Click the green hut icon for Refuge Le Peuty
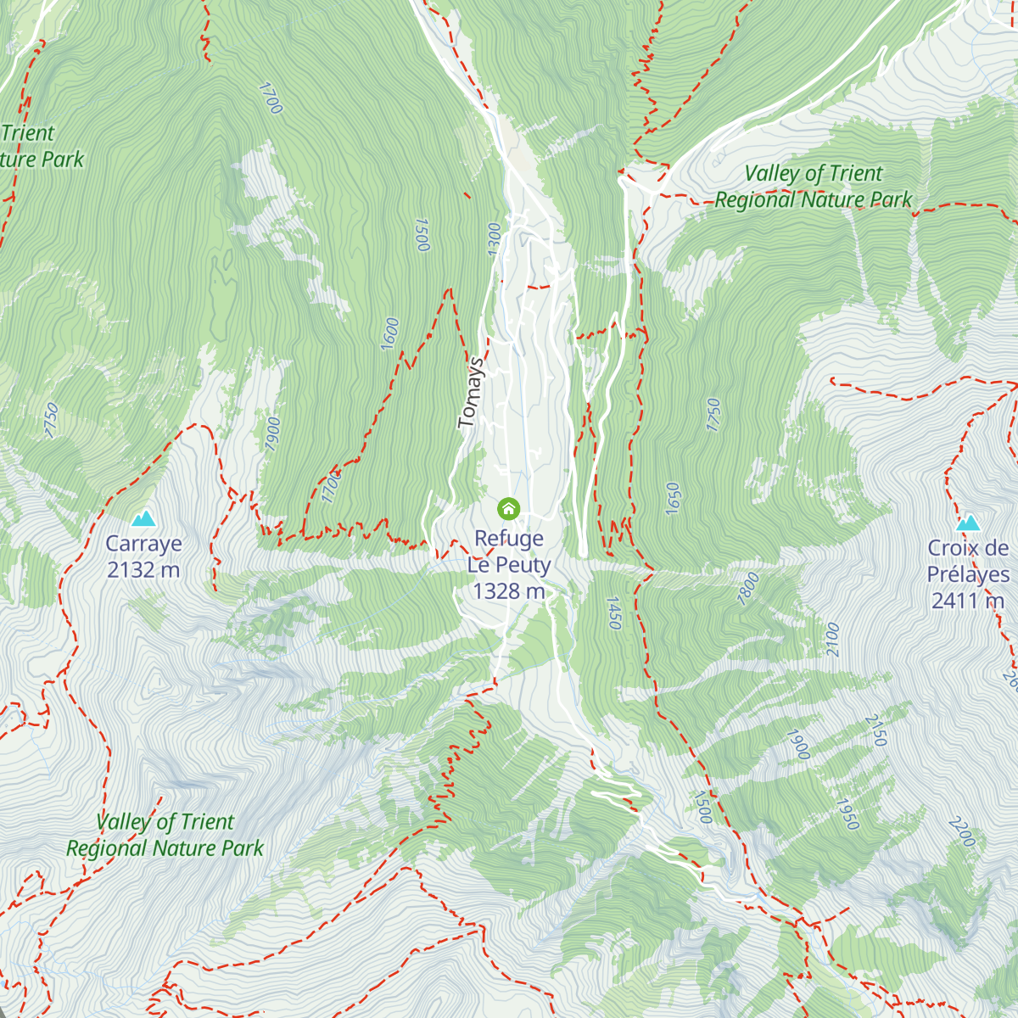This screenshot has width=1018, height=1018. coord(508,508)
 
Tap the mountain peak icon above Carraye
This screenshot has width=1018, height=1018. coord(143,518)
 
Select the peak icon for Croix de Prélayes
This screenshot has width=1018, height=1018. coord(968,523)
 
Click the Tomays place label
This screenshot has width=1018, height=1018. coord(472,392)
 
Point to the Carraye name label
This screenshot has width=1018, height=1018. coord(143,544)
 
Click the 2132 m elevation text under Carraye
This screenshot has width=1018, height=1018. coord(143,569)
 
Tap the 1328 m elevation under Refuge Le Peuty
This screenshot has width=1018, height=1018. coord(508,591)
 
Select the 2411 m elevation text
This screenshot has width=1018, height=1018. coord(968,601)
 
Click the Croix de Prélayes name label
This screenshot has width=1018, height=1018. coord(968,561)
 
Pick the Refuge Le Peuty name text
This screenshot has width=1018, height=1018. coord(508,551)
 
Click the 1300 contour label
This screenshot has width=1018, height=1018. coord(495,238)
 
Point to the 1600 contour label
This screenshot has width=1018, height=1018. coord(389,333)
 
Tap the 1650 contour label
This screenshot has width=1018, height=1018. coord(673,499)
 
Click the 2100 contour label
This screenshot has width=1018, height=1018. coord(832,639)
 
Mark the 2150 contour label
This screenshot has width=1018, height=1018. coord(875,730)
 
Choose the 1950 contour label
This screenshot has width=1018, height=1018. coord(847,814)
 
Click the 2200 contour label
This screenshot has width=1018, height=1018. coord(962,831)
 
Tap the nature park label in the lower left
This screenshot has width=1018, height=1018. coord(165,835)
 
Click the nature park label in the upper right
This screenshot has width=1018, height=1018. coord(813,187)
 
